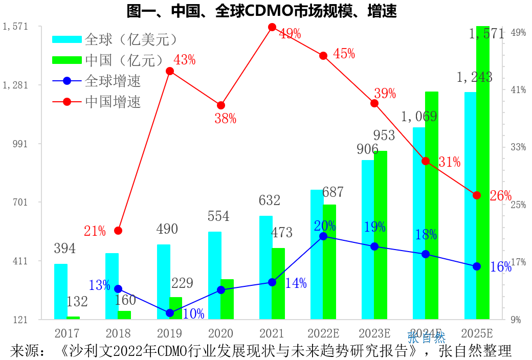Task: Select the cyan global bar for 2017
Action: pos(61,291)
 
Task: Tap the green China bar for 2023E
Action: pos(381,235)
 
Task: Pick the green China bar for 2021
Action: pos(278,284)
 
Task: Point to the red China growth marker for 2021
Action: pos(272,27)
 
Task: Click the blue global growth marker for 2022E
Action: pos(323,236)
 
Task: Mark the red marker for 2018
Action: pos(118,231)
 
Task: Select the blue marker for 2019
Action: pos(170,313)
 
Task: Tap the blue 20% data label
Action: pos(325,226)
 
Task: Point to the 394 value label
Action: pos(64,249)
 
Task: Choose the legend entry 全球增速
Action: pos(113,81)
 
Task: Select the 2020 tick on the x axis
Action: pos(220,333)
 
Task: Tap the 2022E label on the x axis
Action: pos(323,333)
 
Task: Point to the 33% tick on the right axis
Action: pos(519,147)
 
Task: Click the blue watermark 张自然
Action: pos(427,337)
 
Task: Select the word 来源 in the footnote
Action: pos(25,351)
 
